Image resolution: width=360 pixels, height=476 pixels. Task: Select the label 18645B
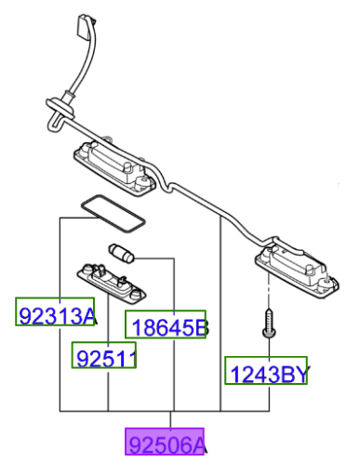click(x=166, y=325)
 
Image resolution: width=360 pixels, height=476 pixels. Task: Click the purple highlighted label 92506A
click(x=166, y=443)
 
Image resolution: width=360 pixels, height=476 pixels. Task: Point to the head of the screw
click(x=268, y=314)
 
